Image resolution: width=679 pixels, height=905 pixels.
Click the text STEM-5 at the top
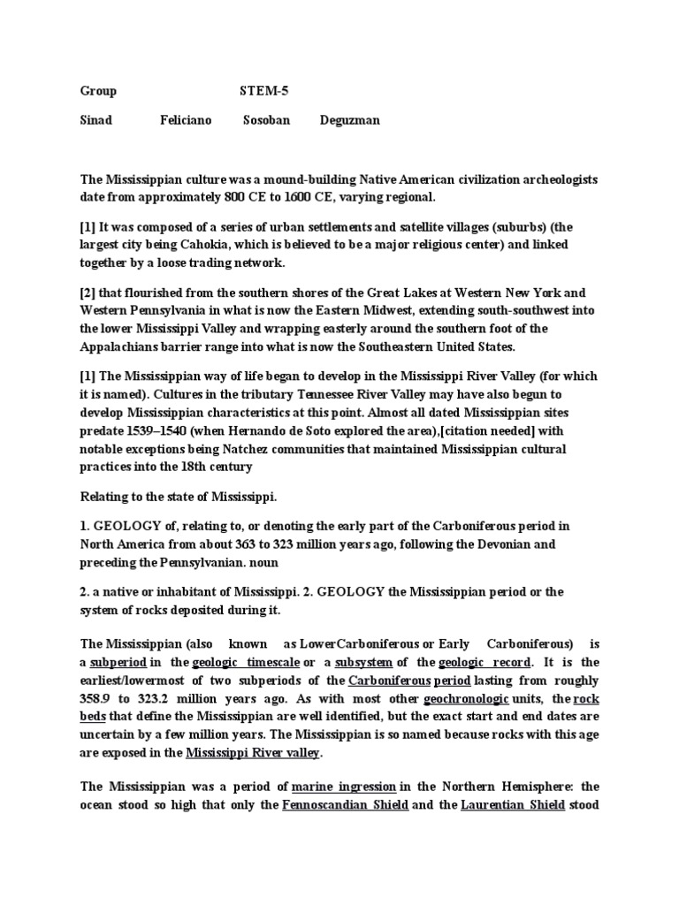coord(263,91)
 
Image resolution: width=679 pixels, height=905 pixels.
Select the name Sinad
coord(96,120)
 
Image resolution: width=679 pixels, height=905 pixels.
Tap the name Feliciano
coord(186,120)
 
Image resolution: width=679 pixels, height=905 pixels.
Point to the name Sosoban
coord(266,120)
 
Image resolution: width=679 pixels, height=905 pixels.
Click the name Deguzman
coord(350,120)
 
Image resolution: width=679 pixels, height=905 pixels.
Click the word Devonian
coord(496,544)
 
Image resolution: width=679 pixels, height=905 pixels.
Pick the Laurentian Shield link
coord(513,805)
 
